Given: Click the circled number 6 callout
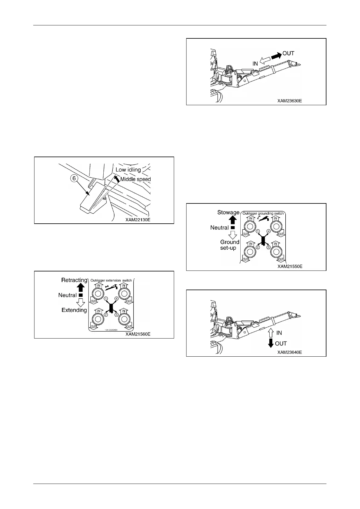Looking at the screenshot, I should click(74, 178).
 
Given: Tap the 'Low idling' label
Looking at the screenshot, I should click(128, 170).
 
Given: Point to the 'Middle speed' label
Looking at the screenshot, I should click(135, 179).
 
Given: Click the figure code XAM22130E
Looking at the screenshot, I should click(138, 220).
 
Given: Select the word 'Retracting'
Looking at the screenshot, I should click(74, 280).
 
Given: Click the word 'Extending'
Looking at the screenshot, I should click(74, 310).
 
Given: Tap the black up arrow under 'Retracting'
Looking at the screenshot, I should click(81, 287).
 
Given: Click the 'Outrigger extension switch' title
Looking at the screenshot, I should click(111, 280).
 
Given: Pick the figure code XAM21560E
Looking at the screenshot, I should click(138, 334).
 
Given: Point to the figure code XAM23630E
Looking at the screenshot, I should click(290, 101).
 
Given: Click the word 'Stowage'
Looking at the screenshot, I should click(228, 212).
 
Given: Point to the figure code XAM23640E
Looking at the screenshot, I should click(290, 352).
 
